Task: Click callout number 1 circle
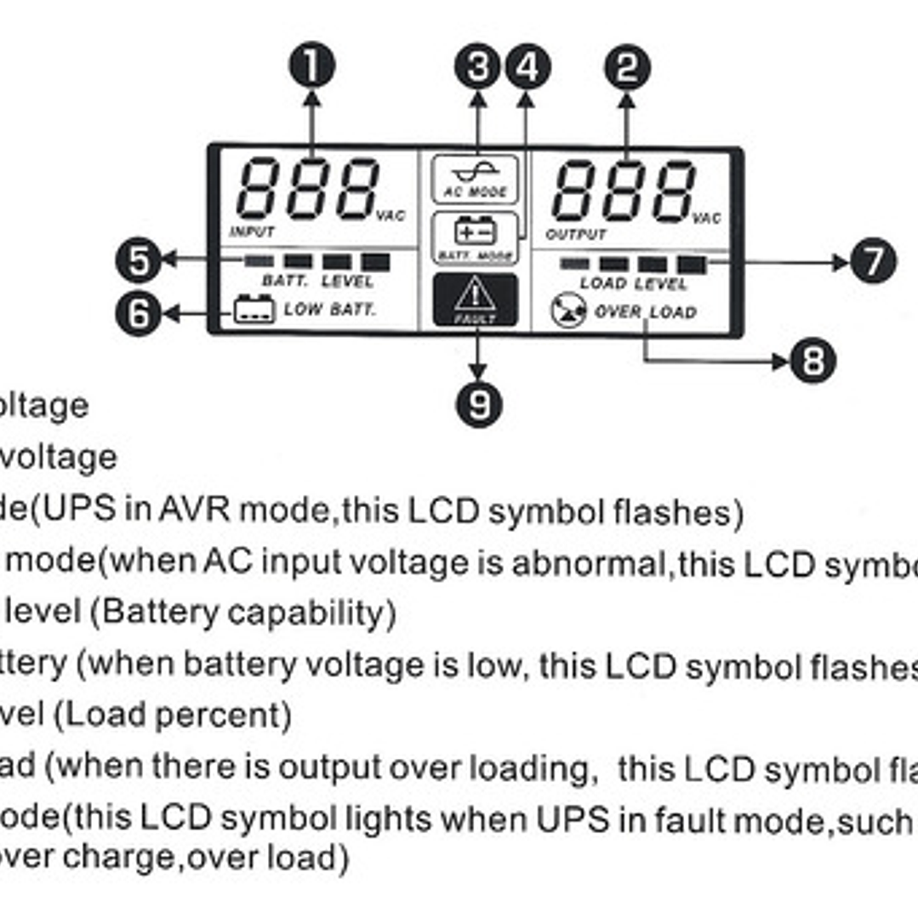[312, 66]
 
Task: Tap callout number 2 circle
[627, 68]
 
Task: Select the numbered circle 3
[477, 67]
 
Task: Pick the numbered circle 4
[527, 67]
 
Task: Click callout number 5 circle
[138, 260]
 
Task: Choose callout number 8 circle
[813, 361]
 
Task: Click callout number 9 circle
[479, 403]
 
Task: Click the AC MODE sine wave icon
[475, 171]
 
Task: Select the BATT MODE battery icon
[475, 230]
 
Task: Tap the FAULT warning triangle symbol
[475, 296]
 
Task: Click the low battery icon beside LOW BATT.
[254, 309]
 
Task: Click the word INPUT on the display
[252, 231]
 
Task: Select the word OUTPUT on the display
[576, 233]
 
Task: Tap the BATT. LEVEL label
[317, 281]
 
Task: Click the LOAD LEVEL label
[633, 282]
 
